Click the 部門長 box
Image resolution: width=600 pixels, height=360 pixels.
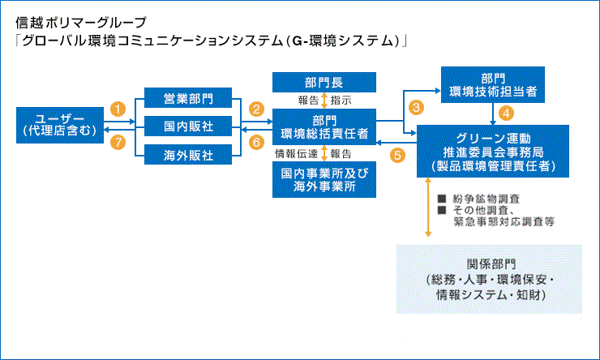pos(324,81)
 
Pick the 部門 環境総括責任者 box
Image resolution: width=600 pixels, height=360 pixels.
pos(324,126)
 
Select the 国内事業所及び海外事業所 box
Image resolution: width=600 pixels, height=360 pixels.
pos(324,179)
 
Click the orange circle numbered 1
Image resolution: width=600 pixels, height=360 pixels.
pos(119,108)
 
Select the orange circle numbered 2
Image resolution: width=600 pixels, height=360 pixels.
pos(257,108)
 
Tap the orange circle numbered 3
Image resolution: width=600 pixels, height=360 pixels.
pos(416,107)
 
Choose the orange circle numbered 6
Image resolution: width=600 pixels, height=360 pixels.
pos(257,142)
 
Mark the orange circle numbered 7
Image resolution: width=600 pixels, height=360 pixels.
pos(119,142)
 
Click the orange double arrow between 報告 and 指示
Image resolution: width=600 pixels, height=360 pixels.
pos(324,101)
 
